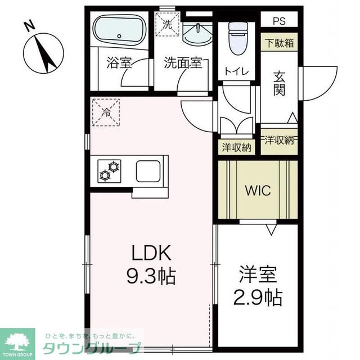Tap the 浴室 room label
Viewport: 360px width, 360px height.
pyautogui.click(x=119, y=63)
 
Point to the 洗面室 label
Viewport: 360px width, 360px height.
pyautogui.click(x=183, y=63)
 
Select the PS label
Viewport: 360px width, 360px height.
pyautogui.click(x=279, y=21)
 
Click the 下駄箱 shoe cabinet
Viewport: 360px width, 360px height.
pyautogui.click(x=279, y=42)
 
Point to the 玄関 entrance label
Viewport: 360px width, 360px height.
pyautogui.click(x=280, y=83)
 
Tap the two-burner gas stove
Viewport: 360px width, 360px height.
pyautogui.click(x=110, y=170)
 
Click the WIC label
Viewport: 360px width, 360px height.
pyautogui.click(x=257, y=190)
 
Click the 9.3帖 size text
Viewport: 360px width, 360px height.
pyautogui.click(x=149, y=275)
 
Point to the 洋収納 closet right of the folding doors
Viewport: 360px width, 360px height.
pyautogui.click(x=279, y=140)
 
